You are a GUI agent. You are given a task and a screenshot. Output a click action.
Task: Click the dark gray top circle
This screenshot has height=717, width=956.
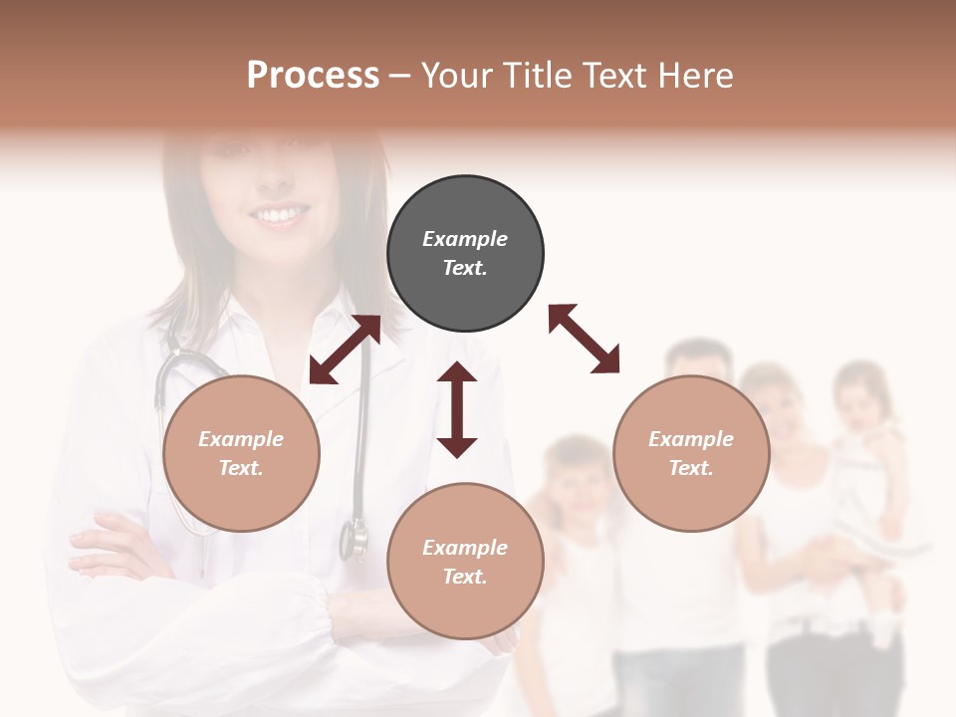(465, 254)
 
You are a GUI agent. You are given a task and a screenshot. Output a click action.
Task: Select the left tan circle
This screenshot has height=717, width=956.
(241, 453)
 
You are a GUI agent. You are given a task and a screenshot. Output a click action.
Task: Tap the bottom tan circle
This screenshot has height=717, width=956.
(465, 562)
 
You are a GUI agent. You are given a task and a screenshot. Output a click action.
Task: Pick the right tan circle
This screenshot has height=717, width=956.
(691, 453)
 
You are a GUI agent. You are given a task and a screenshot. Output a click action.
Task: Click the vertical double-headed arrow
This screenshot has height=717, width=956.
(457, 409)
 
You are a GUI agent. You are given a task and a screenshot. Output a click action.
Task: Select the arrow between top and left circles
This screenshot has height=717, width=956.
(345, 350)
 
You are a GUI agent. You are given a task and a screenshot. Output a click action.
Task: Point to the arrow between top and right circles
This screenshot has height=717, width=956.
(585, 339)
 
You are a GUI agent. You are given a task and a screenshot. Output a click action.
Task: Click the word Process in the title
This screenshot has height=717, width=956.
(313, 76)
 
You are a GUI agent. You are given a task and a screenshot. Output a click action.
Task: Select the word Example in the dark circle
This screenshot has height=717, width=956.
(465, 239)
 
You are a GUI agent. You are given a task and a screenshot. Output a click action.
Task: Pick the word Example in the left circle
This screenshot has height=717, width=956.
(241, 439)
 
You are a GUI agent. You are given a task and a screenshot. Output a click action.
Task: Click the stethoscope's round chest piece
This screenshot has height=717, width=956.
(354, 539)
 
